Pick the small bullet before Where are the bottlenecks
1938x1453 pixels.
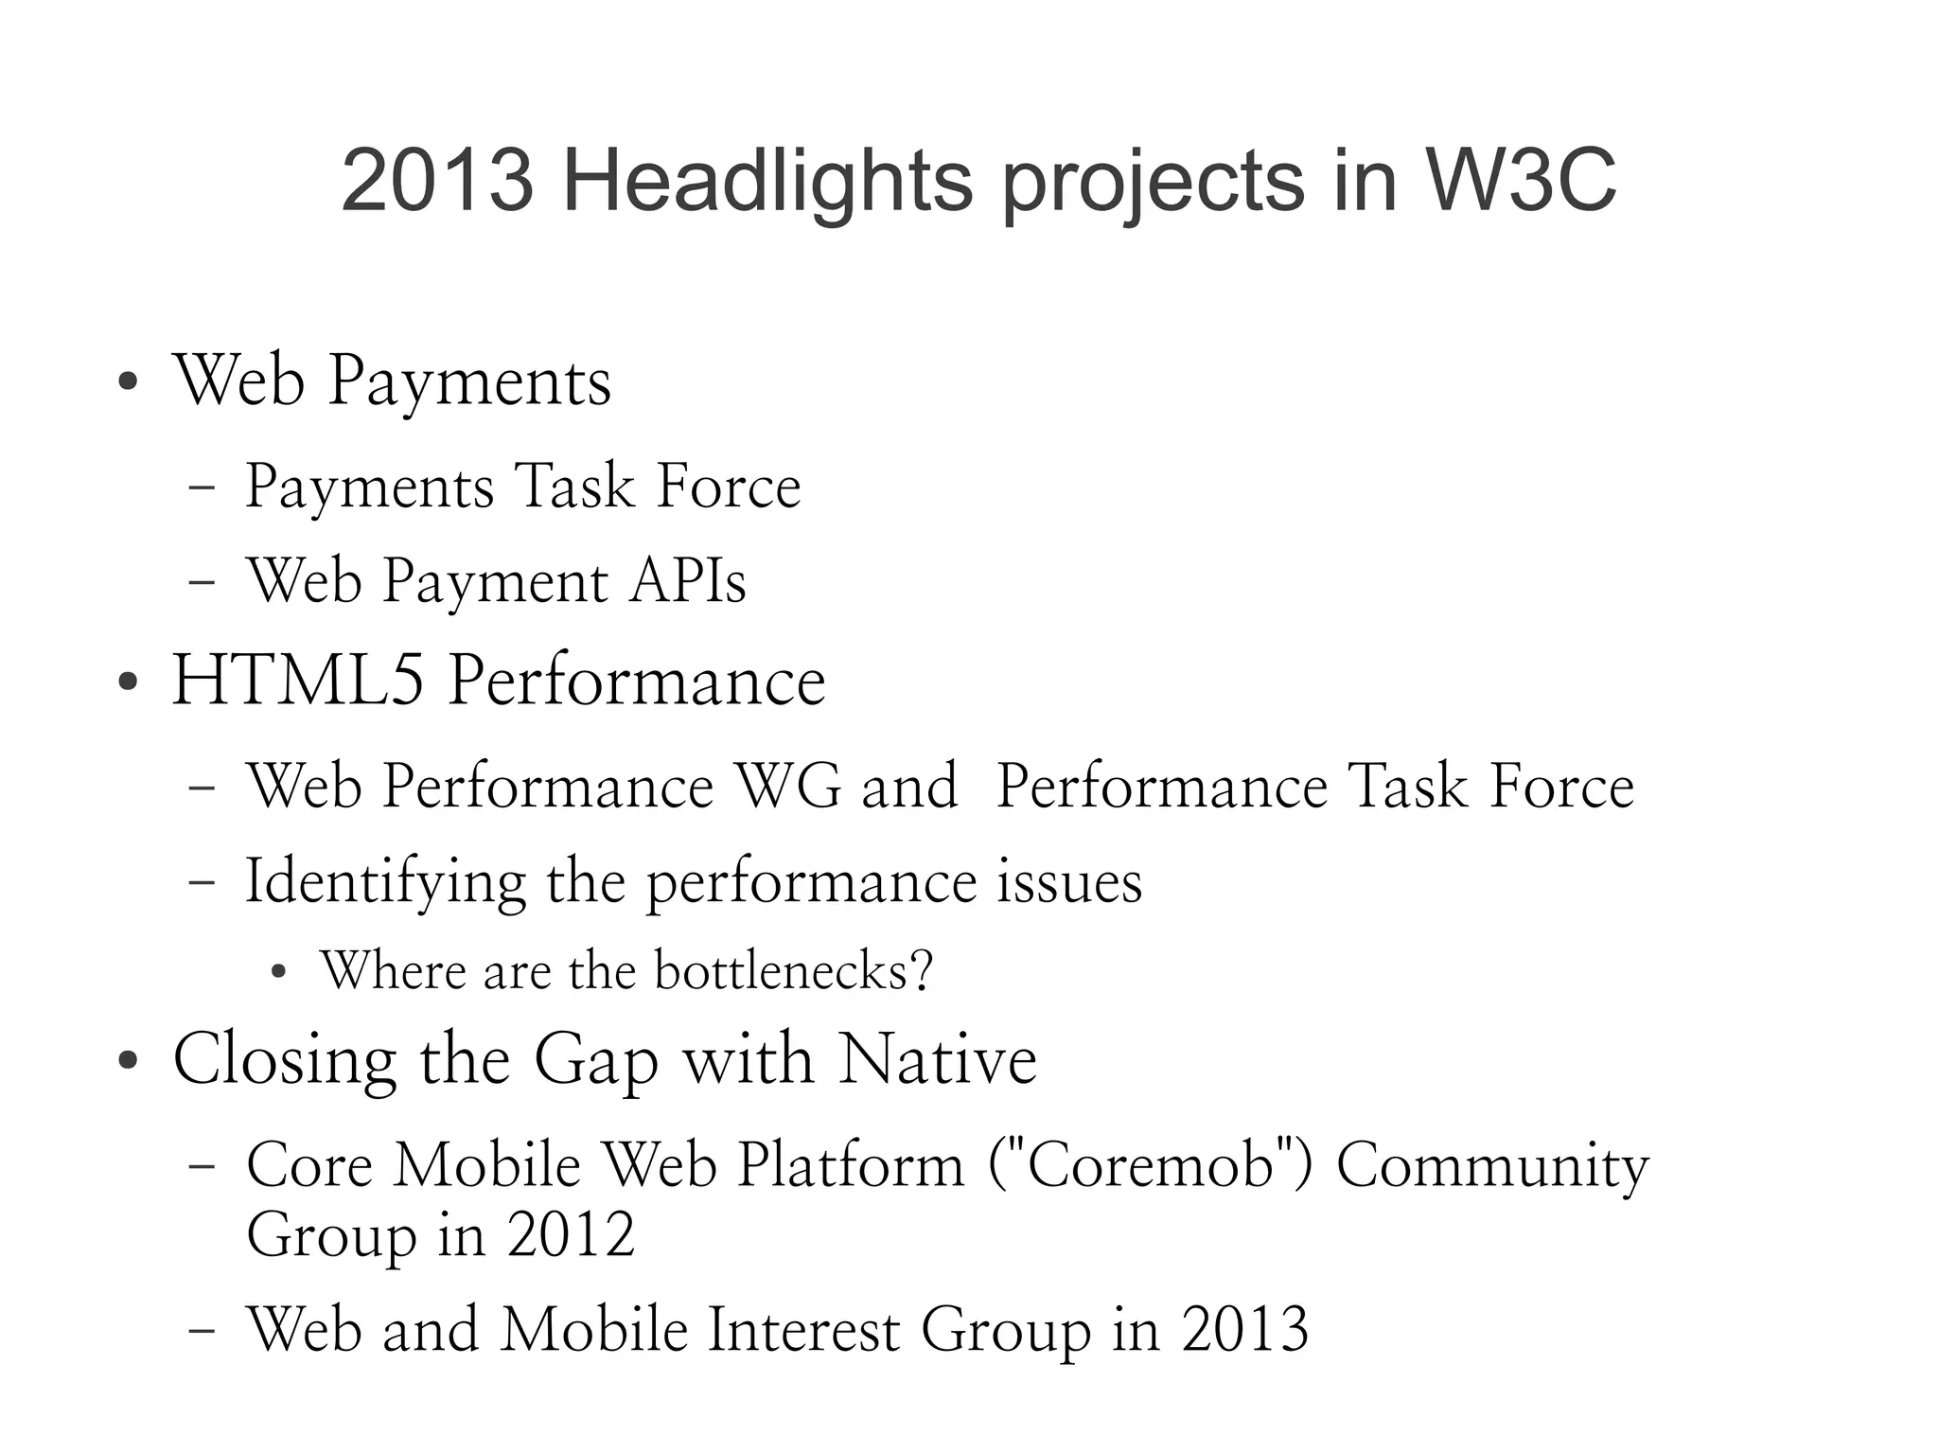point(277,972)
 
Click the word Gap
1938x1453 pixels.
point(596,1059)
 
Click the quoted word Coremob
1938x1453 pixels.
point(1150,1163)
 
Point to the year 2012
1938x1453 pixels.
point(571,1234)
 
